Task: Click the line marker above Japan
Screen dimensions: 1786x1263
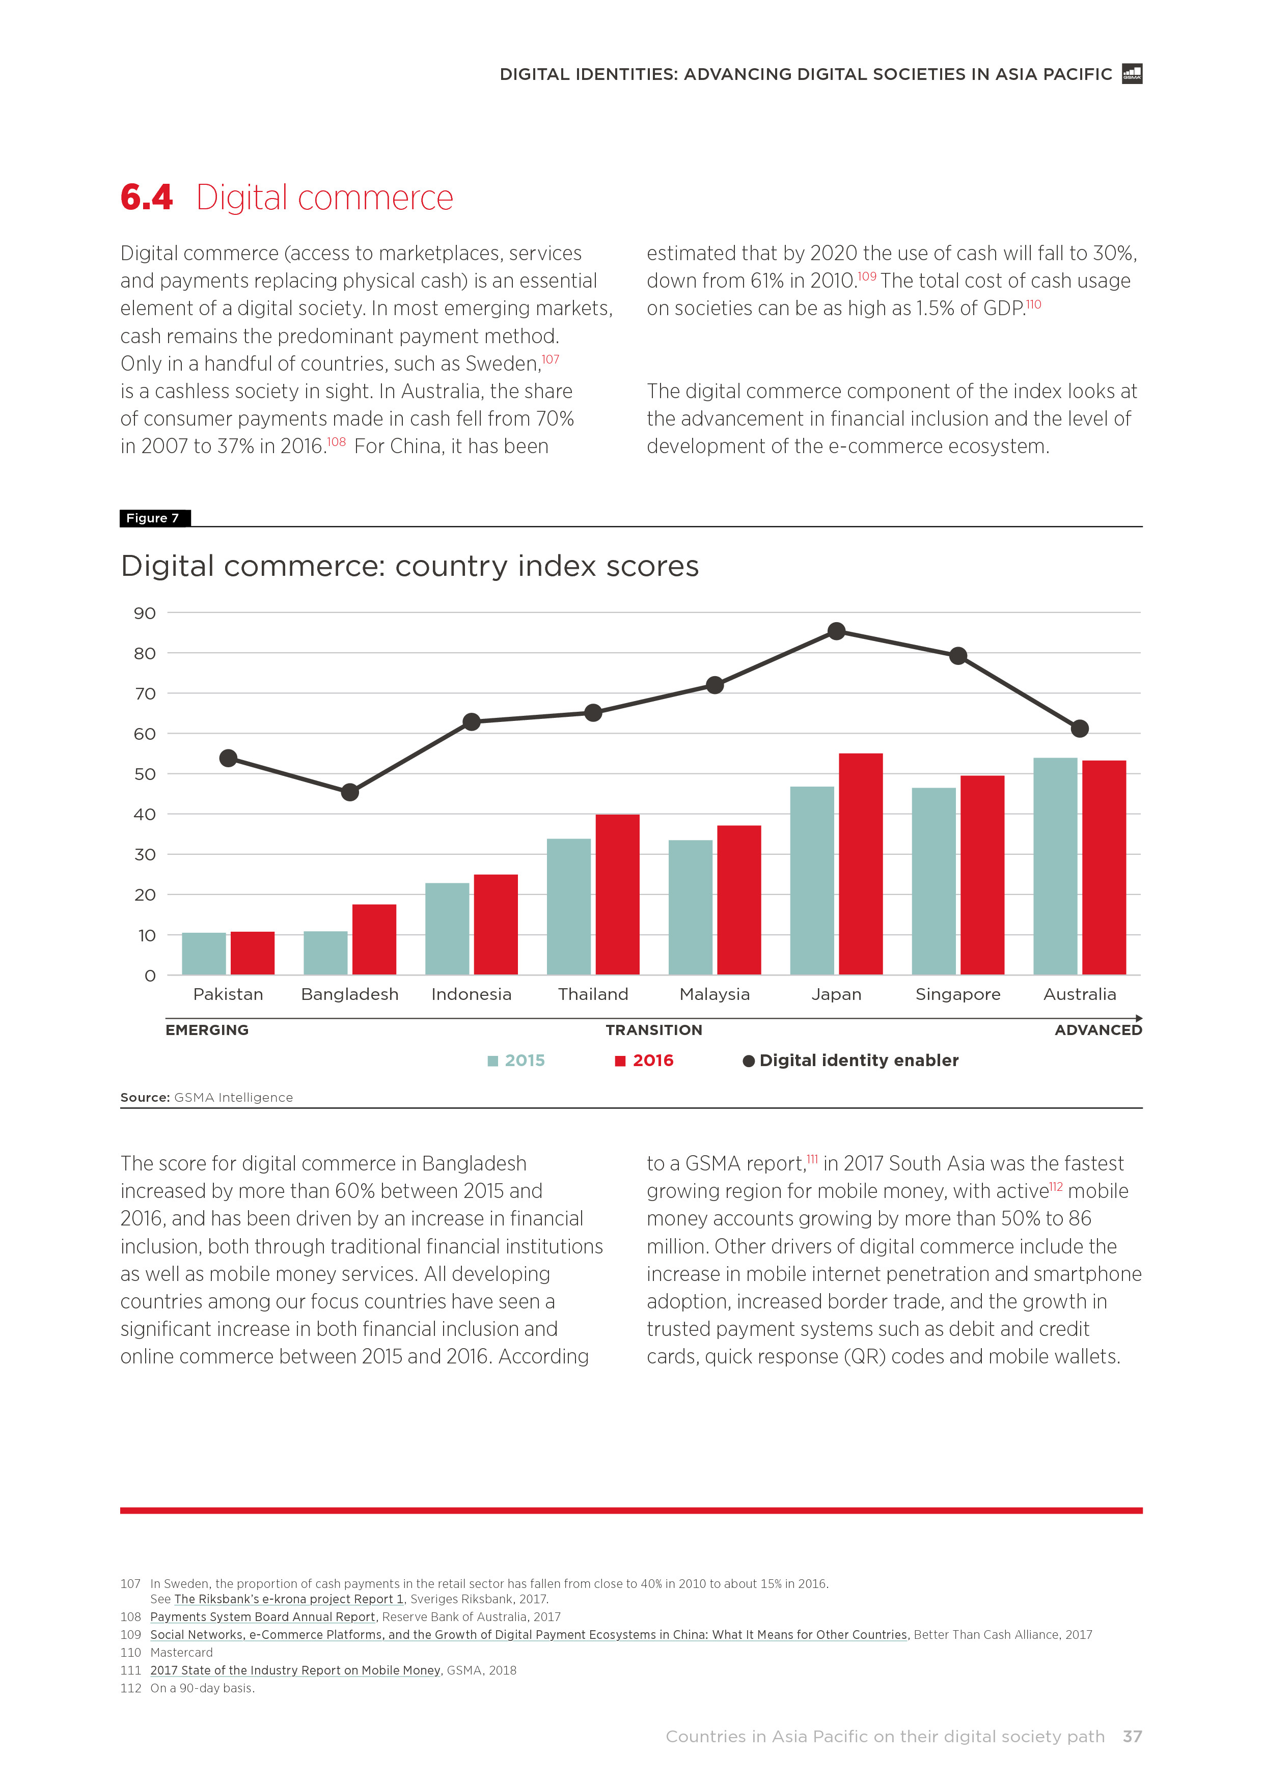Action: pos(837,631)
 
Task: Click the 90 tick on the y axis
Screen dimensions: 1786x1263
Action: pos(145,613)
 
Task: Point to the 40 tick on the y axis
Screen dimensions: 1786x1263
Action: pos(145,815)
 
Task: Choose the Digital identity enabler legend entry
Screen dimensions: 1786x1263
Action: pos(850,1060)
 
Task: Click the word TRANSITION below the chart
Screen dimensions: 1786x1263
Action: pos(654,1030)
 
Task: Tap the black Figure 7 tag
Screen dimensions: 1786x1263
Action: pos(154,518)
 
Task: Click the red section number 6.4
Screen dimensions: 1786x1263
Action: pos(146,198)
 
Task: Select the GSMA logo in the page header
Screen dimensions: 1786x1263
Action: pos(1132,74)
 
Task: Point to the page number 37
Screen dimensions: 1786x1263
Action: pos(1132,1736)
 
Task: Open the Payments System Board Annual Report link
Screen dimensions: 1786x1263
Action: pos(263,1616)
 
